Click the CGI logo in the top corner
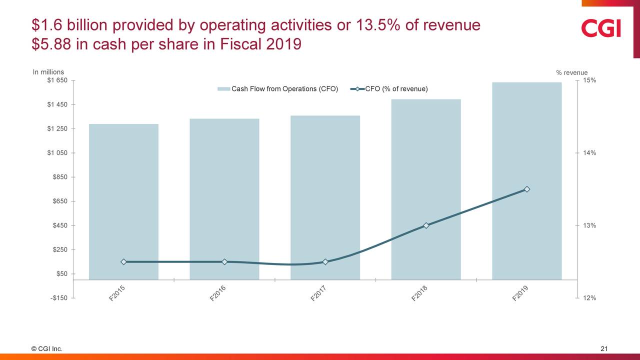600,28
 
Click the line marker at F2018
426,225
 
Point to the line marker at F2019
527,189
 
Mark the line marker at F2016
224,262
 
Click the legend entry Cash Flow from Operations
278,89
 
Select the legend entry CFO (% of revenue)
389,89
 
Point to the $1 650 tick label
57,80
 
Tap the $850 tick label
60,177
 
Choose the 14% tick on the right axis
589,153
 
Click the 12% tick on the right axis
589,298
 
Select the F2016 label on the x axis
218,293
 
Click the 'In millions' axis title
48,72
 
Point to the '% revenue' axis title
571,73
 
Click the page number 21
603,349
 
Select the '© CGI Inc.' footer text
47,349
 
